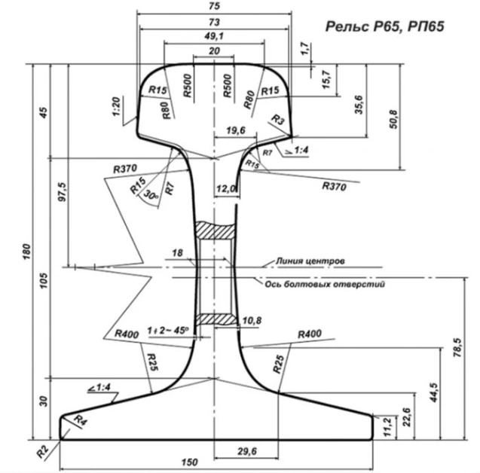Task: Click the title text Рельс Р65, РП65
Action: point(384,26)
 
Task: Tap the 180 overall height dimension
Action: point(27,252)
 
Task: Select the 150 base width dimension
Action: point(189,462)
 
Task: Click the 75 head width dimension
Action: point(214,6)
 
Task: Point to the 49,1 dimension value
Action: point(214,36)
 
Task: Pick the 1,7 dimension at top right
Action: point(305,49)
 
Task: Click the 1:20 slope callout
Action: point(117,106)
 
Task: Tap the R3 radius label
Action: point(278,120)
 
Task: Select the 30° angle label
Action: point(151,195)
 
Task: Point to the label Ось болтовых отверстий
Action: point(325,284)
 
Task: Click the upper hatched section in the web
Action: point(216,230)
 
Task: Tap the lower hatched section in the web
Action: point(217,319)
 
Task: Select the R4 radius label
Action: point(81,420)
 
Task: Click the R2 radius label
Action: point(43,452)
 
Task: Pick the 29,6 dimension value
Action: point(247,451)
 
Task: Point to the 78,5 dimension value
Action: point(457,347)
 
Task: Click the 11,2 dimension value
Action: point(387,427)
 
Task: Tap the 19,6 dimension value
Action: point(236,130)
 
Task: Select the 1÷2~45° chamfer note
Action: point(168,331)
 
